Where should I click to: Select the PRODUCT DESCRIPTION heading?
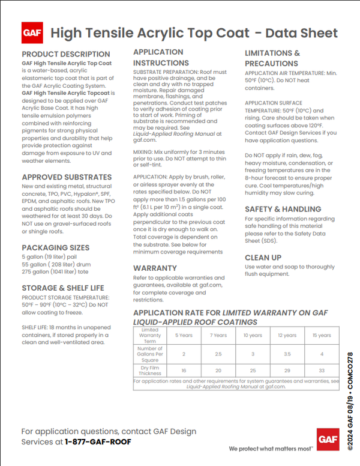point(66,54)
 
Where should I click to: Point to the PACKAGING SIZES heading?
point(56,247)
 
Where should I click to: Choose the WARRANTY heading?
point(155,267)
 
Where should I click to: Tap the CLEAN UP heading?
point(263,257)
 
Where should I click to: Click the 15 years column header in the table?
point(321,335)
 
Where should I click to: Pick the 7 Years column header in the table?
point(218,335)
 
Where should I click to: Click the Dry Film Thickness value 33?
point(321,371)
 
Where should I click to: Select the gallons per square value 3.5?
point(287,354)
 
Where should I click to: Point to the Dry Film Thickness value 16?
point(184,371)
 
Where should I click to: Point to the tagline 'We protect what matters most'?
point(271,448)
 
